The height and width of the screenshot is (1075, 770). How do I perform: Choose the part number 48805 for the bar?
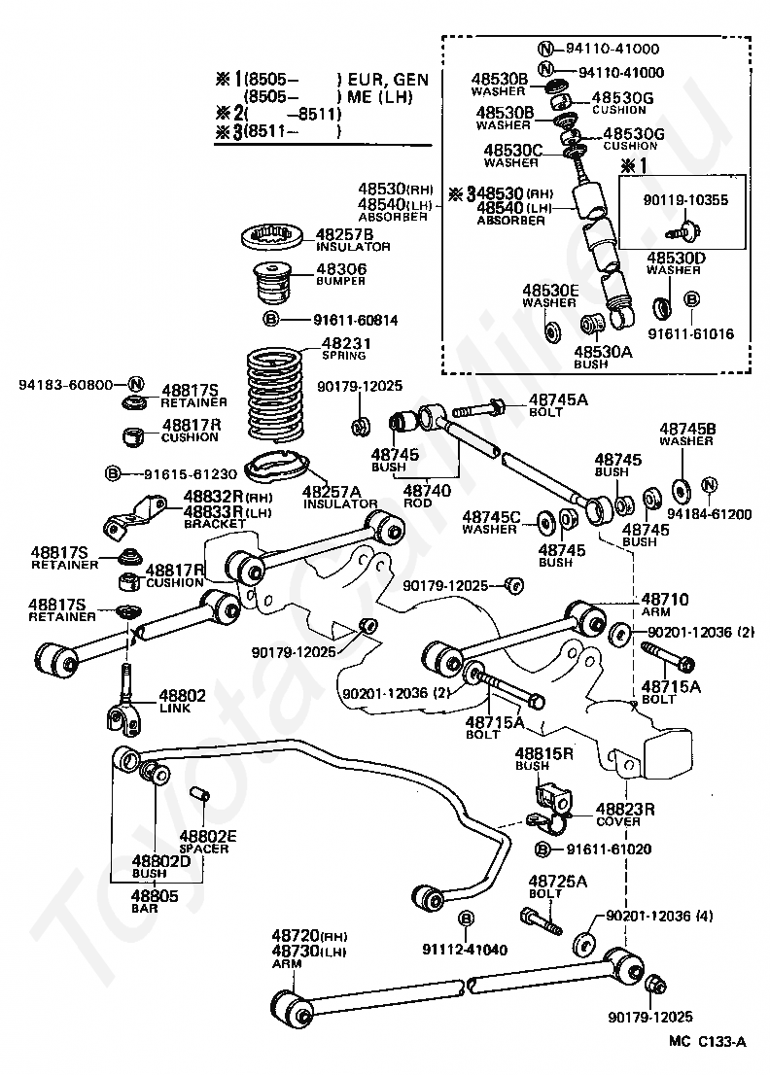coord(156,895)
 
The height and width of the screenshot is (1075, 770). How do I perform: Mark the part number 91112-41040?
coord(464,949)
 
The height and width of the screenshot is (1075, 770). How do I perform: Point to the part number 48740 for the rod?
coord(426,492)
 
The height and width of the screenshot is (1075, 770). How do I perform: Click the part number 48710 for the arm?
coord(664,599)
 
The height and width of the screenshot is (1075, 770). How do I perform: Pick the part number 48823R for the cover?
coord(624,808)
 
